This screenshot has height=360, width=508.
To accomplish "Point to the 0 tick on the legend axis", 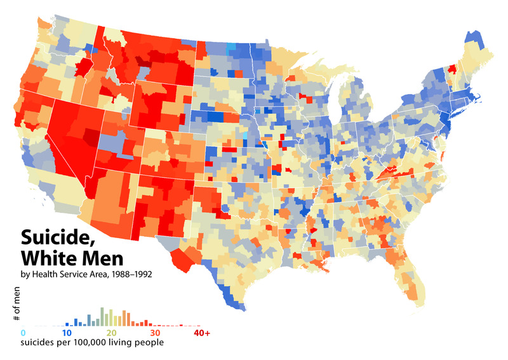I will point(23,332).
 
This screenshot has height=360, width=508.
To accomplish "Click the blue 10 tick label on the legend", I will point(66,332).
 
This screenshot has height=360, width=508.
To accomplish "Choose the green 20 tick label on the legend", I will point(112,332).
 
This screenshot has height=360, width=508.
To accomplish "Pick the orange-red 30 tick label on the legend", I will point(155,332).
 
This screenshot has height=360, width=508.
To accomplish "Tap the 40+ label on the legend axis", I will point(203,332).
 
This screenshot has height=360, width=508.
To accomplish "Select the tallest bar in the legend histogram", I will point(102,316).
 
